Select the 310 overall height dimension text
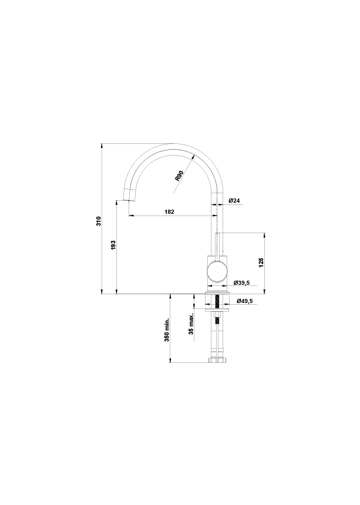click(99, 221)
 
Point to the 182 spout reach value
click(170, 211)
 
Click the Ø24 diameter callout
click(234, 201)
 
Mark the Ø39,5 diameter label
click(241, 283)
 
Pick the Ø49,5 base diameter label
click(244, 301)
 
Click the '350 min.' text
click(167, 330)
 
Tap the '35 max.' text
click(191, 324)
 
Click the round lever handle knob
click(216, 274)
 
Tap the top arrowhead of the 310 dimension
click(102, 145)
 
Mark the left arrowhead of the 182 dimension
click(130, 216)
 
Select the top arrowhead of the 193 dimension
click(117, 202)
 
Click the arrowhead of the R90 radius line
click(193, 156)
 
